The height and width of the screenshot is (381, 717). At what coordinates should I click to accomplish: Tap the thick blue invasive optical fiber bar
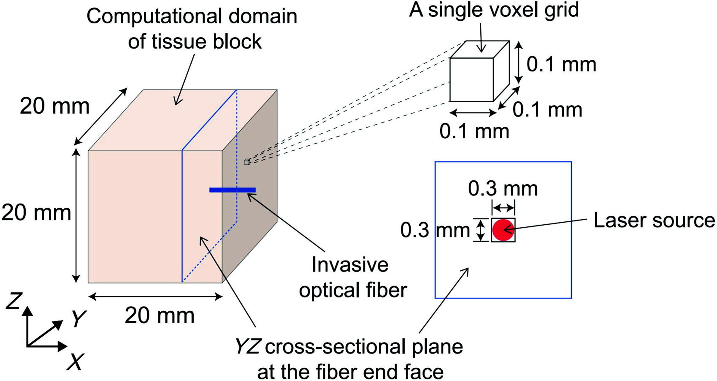click(232, 190)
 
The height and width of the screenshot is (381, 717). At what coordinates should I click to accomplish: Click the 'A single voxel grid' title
click(494, 10)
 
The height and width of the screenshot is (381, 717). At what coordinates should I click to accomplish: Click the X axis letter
click(75, 362)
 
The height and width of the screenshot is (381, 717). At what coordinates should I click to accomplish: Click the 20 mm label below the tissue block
click(159, 316)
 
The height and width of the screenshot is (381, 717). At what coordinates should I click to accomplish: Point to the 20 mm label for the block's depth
click(55, 107)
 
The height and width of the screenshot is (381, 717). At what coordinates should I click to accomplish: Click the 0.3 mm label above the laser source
click(503, 189)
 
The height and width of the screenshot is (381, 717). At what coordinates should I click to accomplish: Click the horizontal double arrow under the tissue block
click(155, 297)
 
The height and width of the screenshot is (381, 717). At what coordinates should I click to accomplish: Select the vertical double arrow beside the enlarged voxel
click(519, 63)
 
